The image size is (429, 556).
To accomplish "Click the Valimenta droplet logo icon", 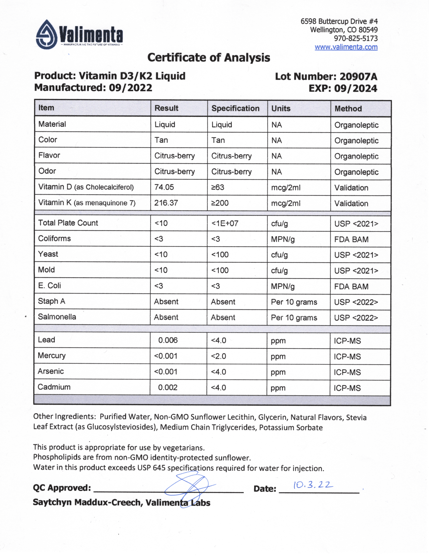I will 46,35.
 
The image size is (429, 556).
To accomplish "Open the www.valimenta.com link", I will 346,47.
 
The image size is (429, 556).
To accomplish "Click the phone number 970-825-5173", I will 355,38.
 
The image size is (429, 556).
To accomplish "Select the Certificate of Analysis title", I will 209,57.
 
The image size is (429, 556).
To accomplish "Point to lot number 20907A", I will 358,77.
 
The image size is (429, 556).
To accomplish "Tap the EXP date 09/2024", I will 355,88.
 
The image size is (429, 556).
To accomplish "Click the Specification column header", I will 235,108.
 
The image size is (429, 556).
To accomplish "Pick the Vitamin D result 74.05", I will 164,187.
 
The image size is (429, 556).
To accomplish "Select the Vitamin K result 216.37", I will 166,203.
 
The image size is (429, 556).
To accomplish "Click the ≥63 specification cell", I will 218,187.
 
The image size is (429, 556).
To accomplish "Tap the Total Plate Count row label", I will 68,223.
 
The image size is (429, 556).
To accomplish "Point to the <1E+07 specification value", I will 225,223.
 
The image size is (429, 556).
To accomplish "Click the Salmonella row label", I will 57,317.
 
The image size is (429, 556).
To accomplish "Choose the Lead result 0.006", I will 168,340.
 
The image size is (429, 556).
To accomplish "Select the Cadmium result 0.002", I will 168,388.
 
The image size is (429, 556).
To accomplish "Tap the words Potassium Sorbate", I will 291,427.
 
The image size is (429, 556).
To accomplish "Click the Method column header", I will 348,109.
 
